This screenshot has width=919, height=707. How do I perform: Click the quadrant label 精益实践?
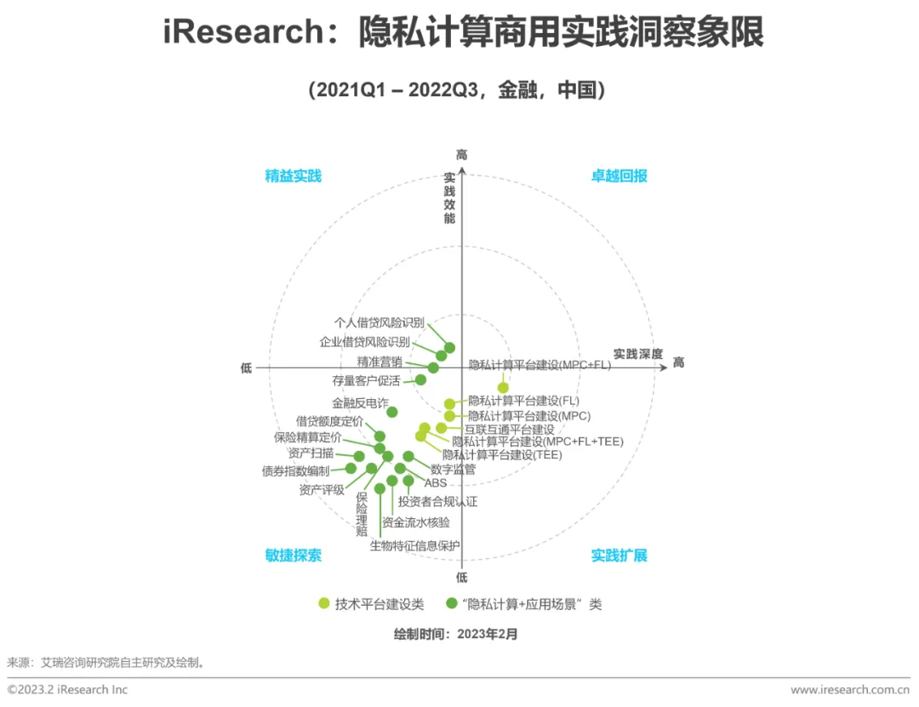tap(293, 176)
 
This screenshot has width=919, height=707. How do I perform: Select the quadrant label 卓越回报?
tap(619, 176)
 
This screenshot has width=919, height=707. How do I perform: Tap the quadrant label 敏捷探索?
tap(293, 556)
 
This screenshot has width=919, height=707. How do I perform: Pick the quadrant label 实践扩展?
tap(619, 556)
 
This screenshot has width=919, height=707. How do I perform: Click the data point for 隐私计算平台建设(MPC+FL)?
tap(503, 388)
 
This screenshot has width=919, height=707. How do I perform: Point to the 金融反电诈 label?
tap(360, 402)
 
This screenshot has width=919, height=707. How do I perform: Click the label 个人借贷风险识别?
tap(379, 323)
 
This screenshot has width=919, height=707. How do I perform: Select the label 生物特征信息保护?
tap(414, 545)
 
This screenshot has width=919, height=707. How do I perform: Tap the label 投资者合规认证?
tap(437, 502)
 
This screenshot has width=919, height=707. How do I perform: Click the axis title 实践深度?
tap(638, 354)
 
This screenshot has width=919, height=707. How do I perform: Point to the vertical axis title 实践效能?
tap(449, 198)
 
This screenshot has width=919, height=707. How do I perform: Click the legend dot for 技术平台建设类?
tap(324, 604)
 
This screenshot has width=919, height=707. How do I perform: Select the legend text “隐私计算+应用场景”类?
tap(531, 604)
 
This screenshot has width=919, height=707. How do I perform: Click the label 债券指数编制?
tap(295, 470)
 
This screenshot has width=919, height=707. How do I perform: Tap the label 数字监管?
tap(453, 469)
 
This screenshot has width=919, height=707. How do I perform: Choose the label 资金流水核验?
tap(415, 522)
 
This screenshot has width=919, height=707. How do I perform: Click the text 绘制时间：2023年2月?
tap(455, 634)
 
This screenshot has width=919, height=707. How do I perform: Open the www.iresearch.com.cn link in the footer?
tap(850, 689)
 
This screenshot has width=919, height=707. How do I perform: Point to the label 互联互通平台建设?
tap(509, 430)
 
